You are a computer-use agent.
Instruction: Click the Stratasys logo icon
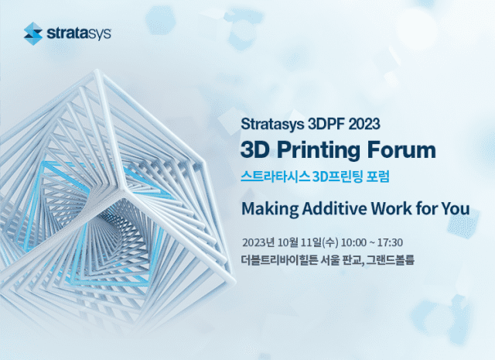coord(33,33)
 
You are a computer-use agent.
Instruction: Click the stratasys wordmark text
coord(80,33)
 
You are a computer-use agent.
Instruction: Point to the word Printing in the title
coord(324,148)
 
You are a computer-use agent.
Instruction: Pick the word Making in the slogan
coord(268,208)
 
